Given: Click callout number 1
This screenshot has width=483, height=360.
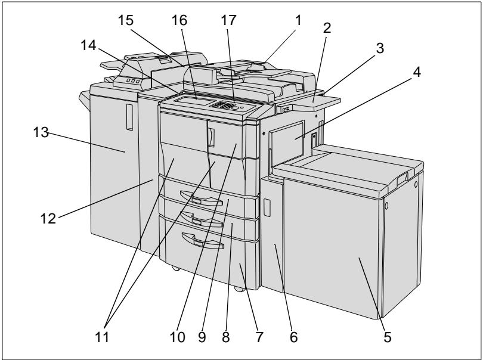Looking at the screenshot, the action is pos(298,20).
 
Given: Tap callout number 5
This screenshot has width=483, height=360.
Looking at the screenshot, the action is pos(387,337).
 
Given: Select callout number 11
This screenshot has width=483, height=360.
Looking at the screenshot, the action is pos(102,337).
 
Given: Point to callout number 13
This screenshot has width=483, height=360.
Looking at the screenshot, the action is pos(41,132).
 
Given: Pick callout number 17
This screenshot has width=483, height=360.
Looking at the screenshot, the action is pos(228,20).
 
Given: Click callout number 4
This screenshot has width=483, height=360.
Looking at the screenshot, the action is pos(416,72).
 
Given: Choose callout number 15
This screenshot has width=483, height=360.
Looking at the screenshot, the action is pos(126,20).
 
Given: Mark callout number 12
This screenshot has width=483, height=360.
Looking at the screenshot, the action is pos(48,218).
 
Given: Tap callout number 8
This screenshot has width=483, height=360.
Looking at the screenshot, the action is pos(226,337).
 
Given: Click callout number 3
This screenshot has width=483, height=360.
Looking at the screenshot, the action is pos(380,48).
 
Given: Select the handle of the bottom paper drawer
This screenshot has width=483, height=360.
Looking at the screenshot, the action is pos(203,241).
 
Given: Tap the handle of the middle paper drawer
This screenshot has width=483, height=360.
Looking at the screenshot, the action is pos(201,219).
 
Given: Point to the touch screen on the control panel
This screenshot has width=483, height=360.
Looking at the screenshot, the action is pos(194,100).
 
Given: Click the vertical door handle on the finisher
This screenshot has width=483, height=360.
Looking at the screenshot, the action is pos(129,117).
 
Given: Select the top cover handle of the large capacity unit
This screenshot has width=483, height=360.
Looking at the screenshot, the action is pos(402,179).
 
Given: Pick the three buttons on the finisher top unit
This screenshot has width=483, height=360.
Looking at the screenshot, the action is pos(133,81).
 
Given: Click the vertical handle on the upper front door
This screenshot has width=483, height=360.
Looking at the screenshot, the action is pos(211,137).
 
